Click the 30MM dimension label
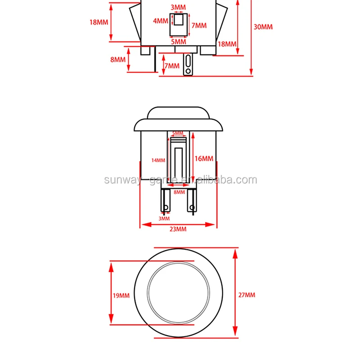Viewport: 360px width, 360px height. (263, 27)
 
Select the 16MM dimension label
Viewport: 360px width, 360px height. (204, 158)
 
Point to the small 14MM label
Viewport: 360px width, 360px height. (158, 160)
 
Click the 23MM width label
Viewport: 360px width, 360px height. (178, 229)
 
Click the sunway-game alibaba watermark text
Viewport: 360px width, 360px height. (180, 180)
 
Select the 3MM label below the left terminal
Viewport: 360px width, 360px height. (164, 219)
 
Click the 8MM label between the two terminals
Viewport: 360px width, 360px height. (180, 192)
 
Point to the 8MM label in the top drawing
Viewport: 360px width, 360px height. (118, 59)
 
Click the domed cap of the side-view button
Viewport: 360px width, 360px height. (179, 113)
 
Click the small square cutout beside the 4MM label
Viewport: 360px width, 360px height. (179, 20)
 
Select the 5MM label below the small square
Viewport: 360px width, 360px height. (179, 41)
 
